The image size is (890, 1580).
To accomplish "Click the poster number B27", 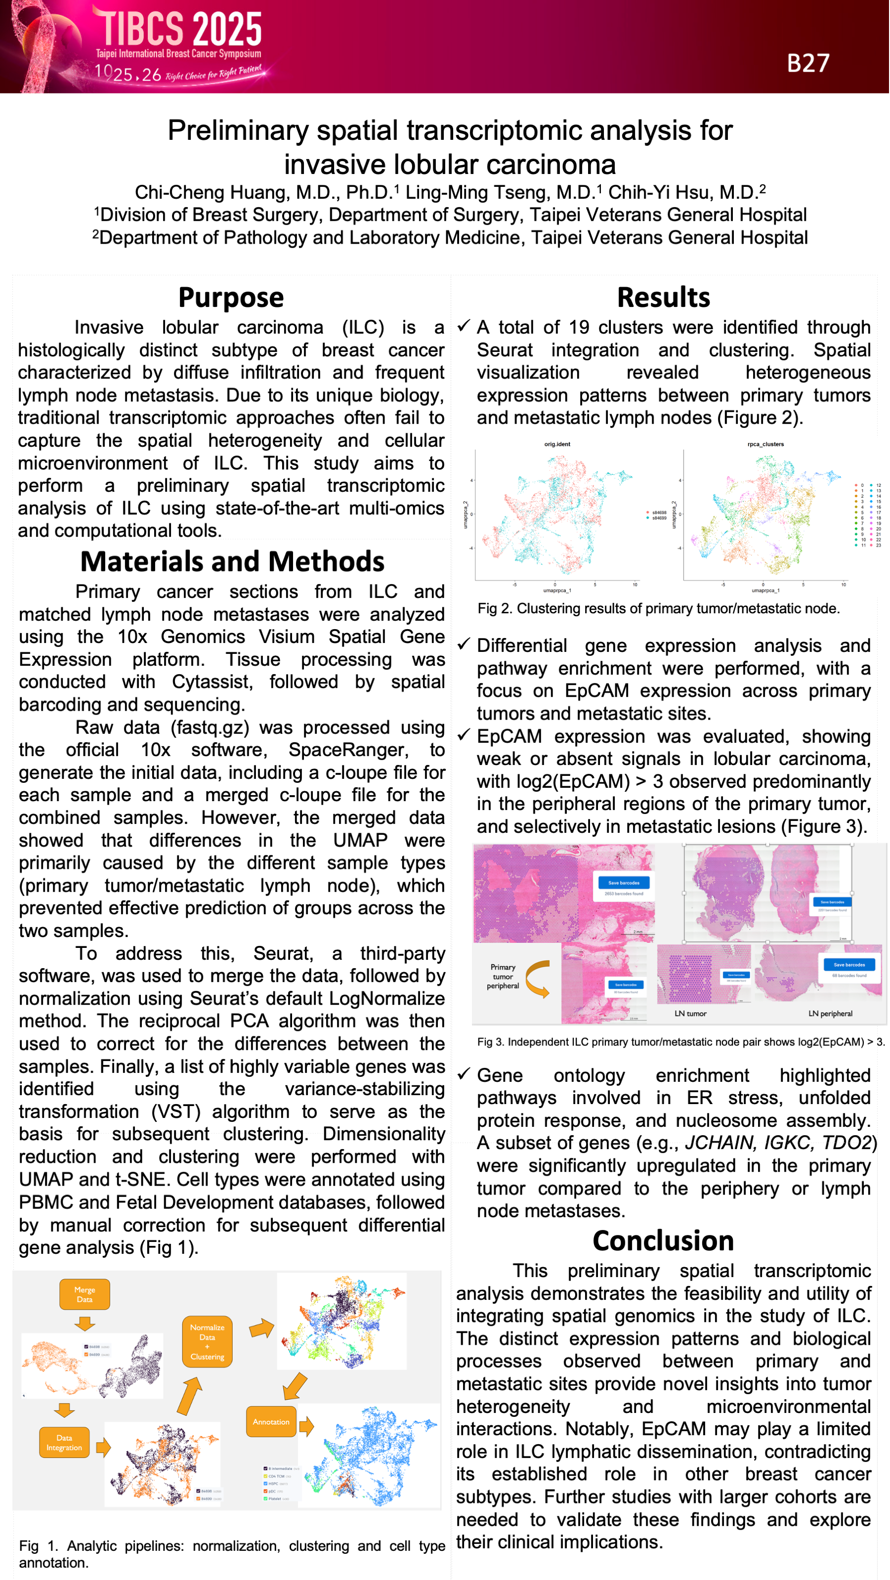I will [x=808, y=63].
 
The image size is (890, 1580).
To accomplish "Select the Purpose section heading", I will [x=231, y=298].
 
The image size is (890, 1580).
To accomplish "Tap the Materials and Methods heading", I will [x=232, y=561].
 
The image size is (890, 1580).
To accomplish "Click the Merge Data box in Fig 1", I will [x=85, y=1294].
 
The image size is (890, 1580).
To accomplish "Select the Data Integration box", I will [x=64, y=1442].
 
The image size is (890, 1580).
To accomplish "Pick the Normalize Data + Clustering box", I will [x=208, y=1341].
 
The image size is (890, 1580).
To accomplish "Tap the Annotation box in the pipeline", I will [x=271, y=1421].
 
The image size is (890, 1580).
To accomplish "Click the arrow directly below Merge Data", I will [x=85, y=1323].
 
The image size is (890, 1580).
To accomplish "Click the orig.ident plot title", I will [x=557, y=444].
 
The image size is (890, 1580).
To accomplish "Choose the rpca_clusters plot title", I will [x=765, y=444].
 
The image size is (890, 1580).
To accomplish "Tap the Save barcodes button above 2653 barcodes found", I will [x=624, y=883].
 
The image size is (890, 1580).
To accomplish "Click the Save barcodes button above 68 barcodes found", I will [x=849, y=965].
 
